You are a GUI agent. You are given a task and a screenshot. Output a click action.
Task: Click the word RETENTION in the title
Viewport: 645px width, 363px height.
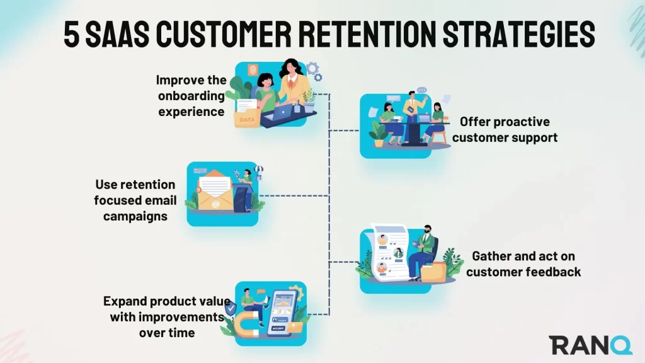[367, 33]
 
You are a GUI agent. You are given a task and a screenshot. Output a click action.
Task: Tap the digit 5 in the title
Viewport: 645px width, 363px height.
[71, 34]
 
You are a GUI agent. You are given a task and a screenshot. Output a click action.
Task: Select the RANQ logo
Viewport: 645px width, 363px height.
[590, 345]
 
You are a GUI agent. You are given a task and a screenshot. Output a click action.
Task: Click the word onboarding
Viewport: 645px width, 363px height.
[191, 96]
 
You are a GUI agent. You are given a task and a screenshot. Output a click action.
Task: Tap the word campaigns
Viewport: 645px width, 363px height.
[135, 216]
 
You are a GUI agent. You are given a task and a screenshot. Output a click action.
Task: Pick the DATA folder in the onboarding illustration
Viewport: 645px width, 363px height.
[247, 118]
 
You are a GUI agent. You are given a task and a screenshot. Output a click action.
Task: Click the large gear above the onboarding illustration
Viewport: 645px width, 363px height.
[312, 68]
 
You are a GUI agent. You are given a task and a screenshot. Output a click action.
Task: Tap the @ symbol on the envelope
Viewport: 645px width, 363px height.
[215, 204]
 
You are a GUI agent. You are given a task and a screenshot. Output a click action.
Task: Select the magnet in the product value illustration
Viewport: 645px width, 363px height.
[247, 324]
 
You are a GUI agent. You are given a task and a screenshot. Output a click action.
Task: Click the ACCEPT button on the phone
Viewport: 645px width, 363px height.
[278, 328]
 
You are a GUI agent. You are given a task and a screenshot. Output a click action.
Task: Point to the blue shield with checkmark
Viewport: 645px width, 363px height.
[231, 308]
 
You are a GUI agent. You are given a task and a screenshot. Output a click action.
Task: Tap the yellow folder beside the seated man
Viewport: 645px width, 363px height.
[433, 272]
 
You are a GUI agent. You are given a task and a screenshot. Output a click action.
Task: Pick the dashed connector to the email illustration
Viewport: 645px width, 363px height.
[295, 196]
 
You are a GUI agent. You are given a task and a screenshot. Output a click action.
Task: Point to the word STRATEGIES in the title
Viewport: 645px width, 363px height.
[519, 33]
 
